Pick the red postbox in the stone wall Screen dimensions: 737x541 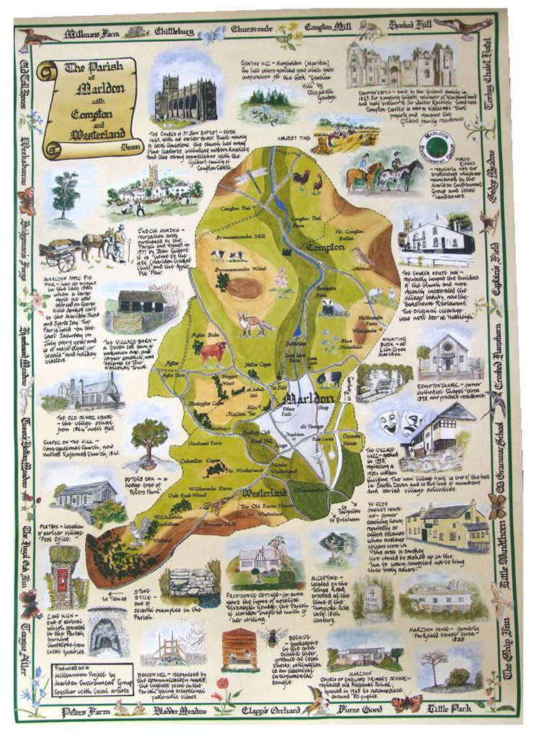pyautogui.click(x=61, y=577)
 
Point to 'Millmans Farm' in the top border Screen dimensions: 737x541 pyautogui.click(x=92, y=33)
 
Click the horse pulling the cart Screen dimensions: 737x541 pyautogui.click(x=93, y=244)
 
